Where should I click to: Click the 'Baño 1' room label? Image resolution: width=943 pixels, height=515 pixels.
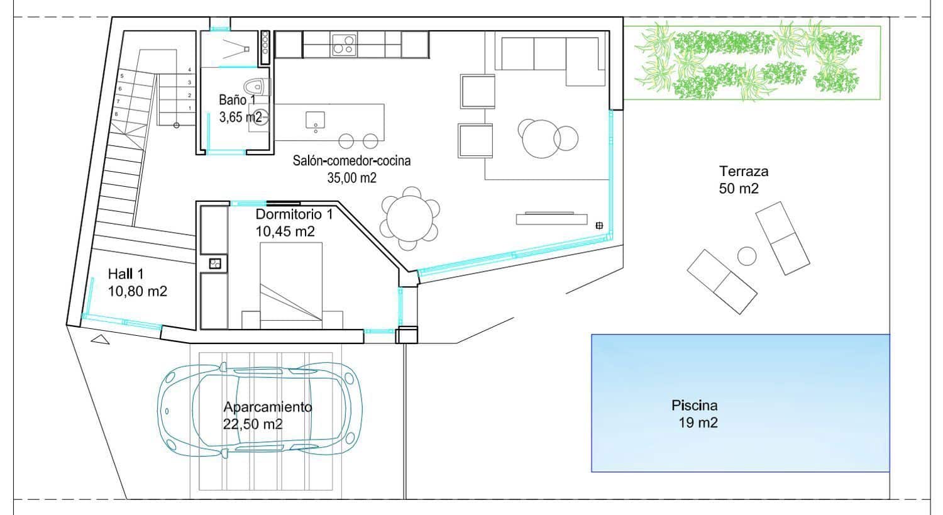pyautogui.click(x=237, y=99)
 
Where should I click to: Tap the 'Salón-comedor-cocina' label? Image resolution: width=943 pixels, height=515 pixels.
pyautogui.click(x=351, y=161)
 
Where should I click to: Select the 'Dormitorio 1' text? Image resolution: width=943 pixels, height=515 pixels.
pyautogui.click(x=294, y=214)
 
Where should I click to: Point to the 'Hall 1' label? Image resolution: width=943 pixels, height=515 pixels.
pyautogui.click(x=126, y=274)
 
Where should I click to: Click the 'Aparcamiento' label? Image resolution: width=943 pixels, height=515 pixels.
pyautogui.click(x=267, y=407)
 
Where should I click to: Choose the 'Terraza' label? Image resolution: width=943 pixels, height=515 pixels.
pyautogui.click(x=744, y=171)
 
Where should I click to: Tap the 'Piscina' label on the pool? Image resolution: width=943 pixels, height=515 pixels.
pyautogui.click(x=694, y=406)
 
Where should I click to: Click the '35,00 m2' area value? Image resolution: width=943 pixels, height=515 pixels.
pyautogui.click(x=351, y=178)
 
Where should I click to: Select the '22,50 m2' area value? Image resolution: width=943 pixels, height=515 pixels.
pyautogui.click(x=253, y=424)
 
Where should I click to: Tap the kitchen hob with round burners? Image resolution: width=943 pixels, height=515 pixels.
pyautogui.click(x=343, y=44)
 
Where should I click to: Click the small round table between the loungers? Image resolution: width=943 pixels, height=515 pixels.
pyautogui.click(x=746, y=256)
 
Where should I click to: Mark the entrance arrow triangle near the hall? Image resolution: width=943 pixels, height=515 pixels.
pyautogui.click(x=100, y=340)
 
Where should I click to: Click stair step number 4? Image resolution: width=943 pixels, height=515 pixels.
pyautogui.click(x=189, y=70)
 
